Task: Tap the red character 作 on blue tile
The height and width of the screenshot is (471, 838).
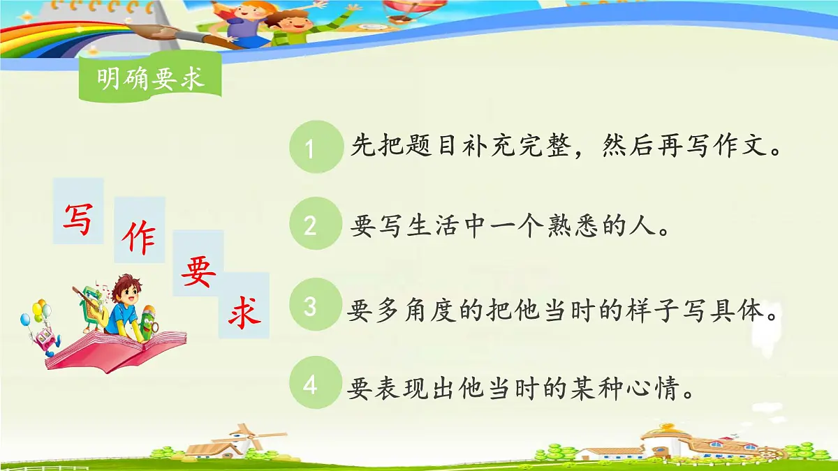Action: [139, 239]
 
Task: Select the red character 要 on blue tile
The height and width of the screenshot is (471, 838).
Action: [198, 271]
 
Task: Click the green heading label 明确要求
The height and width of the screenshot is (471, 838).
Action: [150, 79]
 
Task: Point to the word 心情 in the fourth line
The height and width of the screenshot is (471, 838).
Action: [654, 389]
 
